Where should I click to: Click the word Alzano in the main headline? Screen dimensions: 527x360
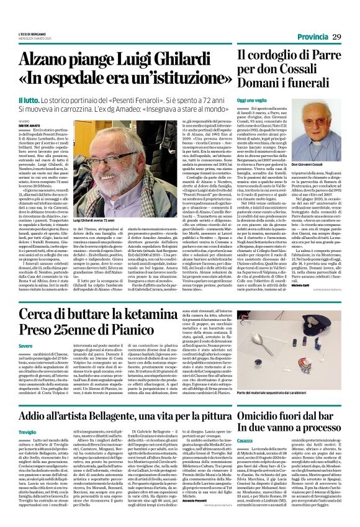(x=48, y=61)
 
